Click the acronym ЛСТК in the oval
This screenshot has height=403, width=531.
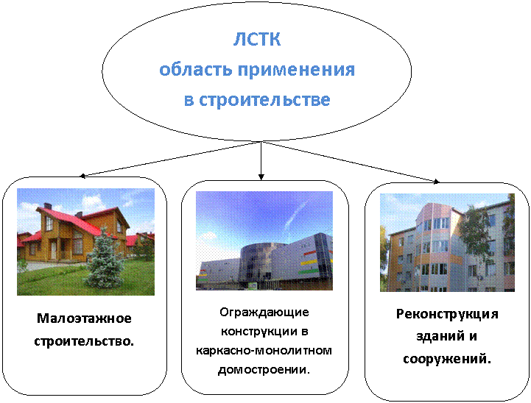tap(257, 39)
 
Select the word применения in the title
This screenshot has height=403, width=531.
tap(296, 71)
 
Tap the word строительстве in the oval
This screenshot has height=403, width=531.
tap(264, 100)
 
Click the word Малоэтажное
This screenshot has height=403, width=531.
tap(84, 318)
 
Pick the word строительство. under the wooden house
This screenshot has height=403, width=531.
tap(84, 341)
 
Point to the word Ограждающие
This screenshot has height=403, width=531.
tap(264, 313)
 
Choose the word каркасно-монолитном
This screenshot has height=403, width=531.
tap(264, 351)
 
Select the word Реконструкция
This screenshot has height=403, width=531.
tap(447, 315)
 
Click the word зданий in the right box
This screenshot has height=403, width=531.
tap(438, 337)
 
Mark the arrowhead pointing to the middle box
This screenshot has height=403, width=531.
tap(261, 176)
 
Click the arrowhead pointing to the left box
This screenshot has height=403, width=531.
tap(82, 176)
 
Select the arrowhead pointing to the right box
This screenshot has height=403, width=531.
tap(436, 182)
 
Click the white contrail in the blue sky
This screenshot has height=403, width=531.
tap(295, 214)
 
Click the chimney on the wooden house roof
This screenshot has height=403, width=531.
tap(48, 206)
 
